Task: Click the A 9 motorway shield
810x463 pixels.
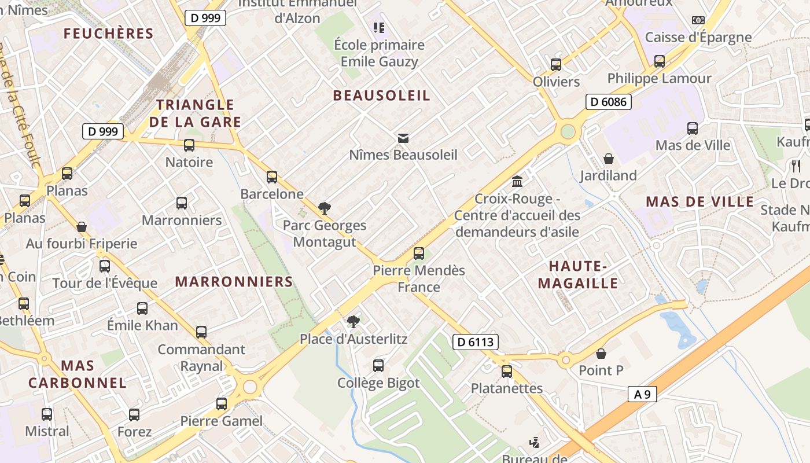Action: point(642,395)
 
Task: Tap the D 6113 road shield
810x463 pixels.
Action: point(475,342)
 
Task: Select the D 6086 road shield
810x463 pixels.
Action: point(607,102)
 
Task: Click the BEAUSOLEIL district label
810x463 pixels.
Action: point(382,95)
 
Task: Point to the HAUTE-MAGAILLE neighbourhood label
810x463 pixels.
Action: point(578,274)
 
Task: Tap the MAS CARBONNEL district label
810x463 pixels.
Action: point(78,374)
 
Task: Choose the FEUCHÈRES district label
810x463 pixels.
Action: point(109,34)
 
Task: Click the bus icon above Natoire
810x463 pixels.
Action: point(189,145)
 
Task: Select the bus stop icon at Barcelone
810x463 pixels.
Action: point(272,177)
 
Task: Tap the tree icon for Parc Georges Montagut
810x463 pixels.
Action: point(325,208)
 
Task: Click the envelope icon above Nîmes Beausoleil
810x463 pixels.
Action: point(403,138)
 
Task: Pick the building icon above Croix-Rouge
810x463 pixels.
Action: point(517,182)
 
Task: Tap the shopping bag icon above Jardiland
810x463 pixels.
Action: point(609,159)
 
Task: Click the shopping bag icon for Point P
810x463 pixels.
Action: point(601,353)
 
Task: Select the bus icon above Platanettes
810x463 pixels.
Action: point(507,371)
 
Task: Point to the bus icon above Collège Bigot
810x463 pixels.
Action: point(378,366)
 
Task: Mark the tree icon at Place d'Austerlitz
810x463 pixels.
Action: point(353,322)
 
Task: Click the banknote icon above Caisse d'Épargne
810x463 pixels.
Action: point(698,20)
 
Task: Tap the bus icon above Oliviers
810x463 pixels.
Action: point(556,64)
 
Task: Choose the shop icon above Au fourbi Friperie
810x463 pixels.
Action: point(82,227)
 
